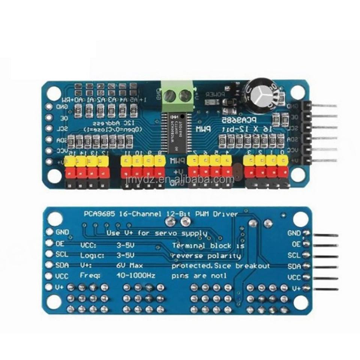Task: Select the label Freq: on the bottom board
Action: coord(90,275)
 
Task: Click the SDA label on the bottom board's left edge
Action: coord(61,265)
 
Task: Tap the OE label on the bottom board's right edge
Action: coord(297,244)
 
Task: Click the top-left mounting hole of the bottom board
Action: coord(55,218)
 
